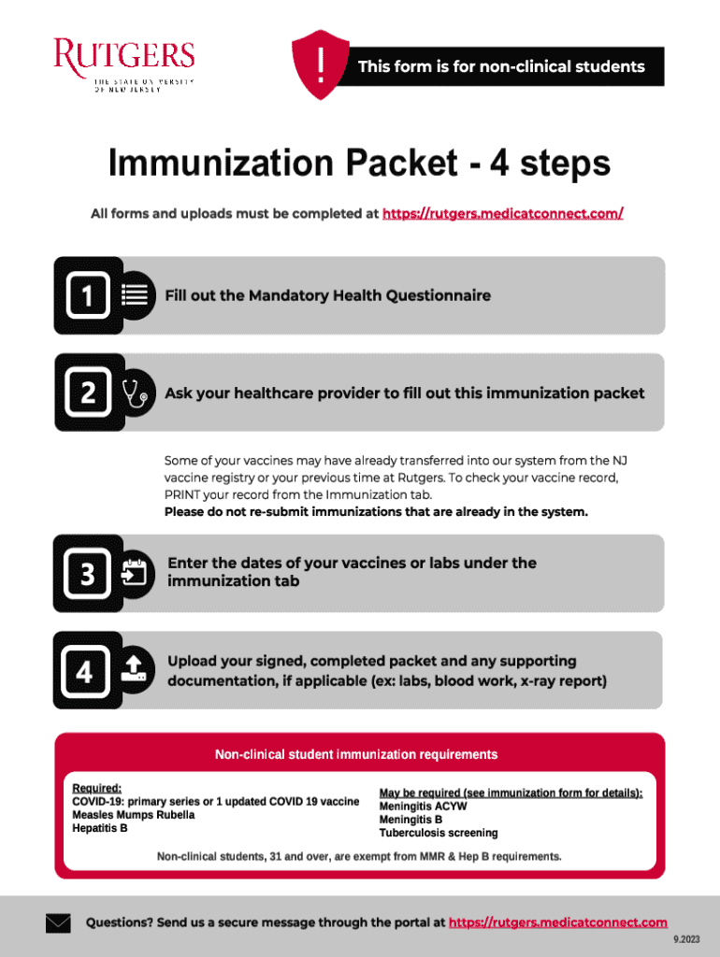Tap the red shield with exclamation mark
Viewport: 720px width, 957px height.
(321, 64)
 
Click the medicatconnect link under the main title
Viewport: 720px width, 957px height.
(502, 214)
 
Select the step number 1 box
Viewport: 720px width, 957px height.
(88, 295)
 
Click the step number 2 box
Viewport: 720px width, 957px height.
(88, 393)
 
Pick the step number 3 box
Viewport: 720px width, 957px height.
(87, 574)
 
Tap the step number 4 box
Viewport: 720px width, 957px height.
(85, 671)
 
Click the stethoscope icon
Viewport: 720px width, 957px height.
(135, 393)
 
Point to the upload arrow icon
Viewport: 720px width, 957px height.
(134, 668)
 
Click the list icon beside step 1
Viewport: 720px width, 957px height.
(135, 294)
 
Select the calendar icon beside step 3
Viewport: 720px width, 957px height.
(135, 573)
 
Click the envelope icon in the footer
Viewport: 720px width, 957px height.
(58, 922)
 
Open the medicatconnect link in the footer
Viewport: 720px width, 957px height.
(558, 922)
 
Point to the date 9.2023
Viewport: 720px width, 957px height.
(686, 939)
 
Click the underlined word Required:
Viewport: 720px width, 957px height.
(96, 788)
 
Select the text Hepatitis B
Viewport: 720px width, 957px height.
(99, 828)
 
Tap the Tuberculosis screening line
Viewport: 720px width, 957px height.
(439, 833)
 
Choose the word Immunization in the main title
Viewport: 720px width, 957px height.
(223, 164)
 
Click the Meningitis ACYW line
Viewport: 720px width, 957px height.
(423, 807)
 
